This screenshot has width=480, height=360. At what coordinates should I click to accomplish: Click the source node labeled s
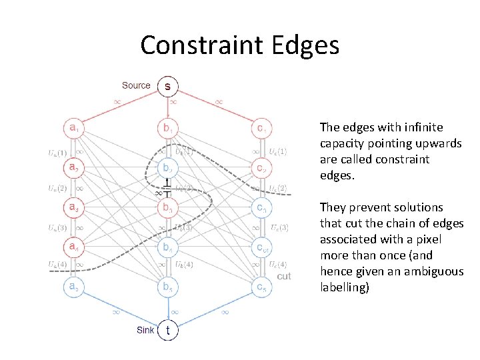pyautogui.click(x=167, y=86)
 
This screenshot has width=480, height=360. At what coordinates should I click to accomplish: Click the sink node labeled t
pyautogui.click(x=167, y=329)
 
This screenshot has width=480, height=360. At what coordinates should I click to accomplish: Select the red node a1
pyautogui.click(x=73, y=127)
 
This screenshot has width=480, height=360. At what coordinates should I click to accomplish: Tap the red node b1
pyautogui.click(x=167, y=127)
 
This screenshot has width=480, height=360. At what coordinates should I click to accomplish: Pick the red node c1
pyautogui.click(x=262, y=127)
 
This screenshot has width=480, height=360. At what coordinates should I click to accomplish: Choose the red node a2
pyautogui.click(x=73, y=167)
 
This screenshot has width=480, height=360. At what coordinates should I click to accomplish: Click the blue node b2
pyautogui.click(x=167, y=167)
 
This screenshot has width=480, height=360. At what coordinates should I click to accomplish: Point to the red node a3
pyautogui.click(x=73, y=207)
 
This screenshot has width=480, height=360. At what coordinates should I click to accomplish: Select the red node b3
pyautogui.click(x=167, y=207)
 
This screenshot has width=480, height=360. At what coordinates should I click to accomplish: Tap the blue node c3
pyautogui.click(x=262, y=207)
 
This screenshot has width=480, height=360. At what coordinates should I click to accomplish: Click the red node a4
pyautogui.click(x=73, y=247)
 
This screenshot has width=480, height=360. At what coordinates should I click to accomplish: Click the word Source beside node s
pyautogui.click(x=136, y=85)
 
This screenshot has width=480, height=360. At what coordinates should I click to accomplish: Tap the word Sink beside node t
pyautogui.click(x=145, y=329)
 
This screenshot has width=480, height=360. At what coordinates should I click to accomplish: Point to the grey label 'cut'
pyautogui.click(x=284, y=276)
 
